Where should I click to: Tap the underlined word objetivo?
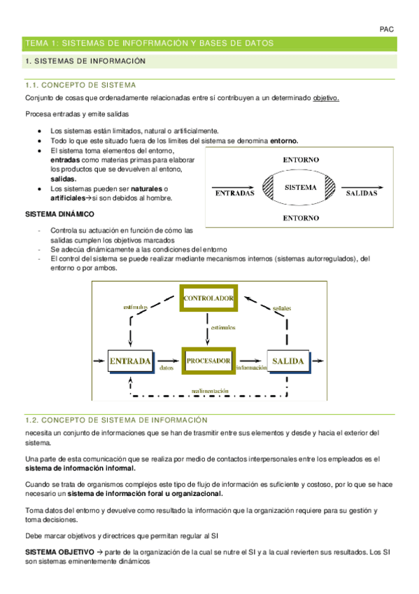(326, 98)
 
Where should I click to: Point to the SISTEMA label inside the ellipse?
(301, 188)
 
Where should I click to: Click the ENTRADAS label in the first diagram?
(234, 193)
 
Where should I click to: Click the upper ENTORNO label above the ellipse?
(301, 160)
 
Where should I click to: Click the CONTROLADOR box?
(208, 298)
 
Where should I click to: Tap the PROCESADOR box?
(208, 361)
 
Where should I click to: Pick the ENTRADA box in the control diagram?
(130, 361)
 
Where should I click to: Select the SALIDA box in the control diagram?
(288, 361)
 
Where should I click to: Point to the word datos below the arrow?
(166, 368)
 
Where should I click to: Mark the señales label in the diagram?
(283, 309)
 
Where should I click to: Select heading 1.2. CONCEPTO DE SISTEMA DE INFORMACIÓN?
(116, 420)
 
